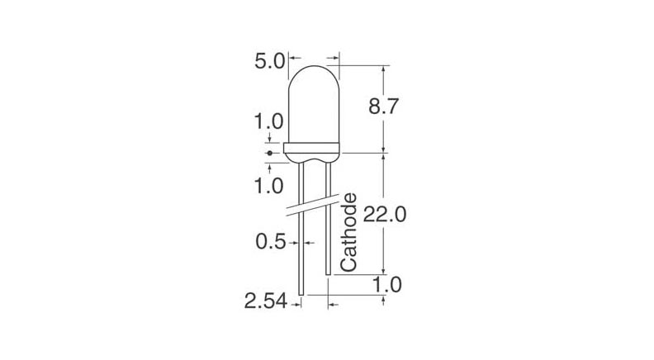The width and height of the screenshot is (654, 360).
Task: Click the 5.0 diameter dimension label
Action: pyautogui.click(x=268, y=60)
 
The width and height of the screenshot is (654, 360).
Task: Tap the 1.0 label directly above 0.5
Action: pyautogui.click(x=268, y=185)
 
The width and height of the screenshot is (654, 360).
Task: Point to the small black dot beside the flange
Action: pyautogui.click(x=269, y=153)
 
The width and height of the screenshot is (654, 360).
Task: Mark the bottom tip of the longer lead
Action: pyautogui.click(x=301, y=294)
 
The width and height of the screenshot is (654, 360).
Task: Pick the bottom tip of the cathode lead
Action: pyautogui.click(x=329, y=273)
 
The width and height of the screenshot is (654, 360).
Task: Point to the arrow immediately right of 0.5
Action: pyautogui.click(x=310, y=243)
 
